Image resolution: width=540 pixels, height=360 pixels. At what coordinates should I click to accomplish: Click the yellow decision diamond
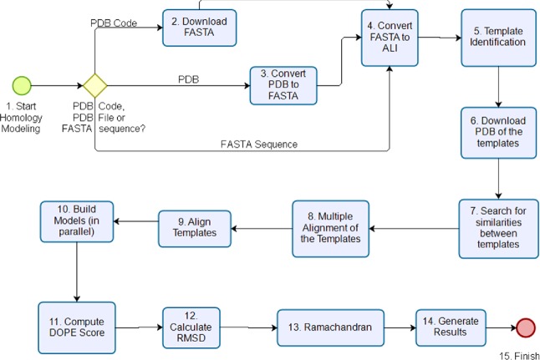coord(94,85)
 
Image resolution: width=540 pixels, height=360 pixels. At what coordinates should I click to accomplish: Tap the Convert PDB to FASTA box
coord(284,85)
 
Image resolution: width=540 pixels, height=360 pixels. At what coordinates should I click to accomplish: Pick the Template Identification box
coord(497,39)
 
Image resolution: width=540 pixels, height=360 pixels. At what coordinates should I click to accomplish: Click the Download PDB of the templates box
coord(498,133)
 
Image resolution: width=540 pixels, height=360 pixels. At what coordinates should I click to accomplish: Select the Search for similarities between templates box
coord(498,228)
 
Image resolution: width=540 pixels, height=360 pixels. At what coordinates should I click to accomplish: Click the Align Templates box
coord(195,228)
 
